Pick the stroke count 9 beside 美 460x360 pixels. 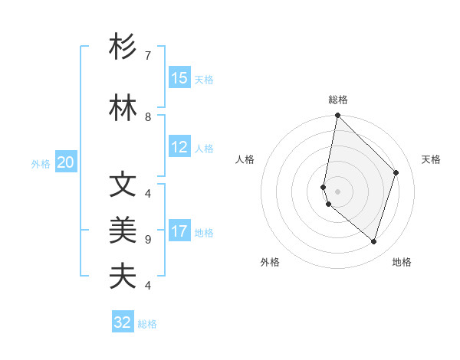[x=148, y=240]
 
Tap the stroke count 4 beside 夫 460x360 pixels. [x=148, y=286]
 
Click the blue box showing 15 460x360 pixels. [x=179, y=78]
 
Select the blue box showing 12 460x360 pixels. [x=179, y=148]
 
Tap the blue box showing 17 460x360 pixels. [x=179, y=231]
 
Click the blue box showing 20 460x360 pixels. [x=66, y=162]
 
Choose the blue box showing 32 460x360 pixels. [x=123, y=322]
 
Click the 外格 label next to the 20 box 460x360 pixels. [x=41, y=163]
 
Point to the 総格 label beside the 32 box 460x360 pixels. [x=147, y=324]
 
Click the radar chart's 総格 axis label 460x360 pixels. [x=338, y=100]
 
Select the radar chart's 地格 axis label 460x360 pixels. [x=402, y=262]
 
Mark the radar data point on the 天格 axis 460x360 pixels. [x=396, y=172]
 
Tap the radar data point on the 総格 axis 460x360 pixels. [x=338, y=116]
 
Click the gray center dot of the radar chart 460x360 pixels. [x=338, y=191]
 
